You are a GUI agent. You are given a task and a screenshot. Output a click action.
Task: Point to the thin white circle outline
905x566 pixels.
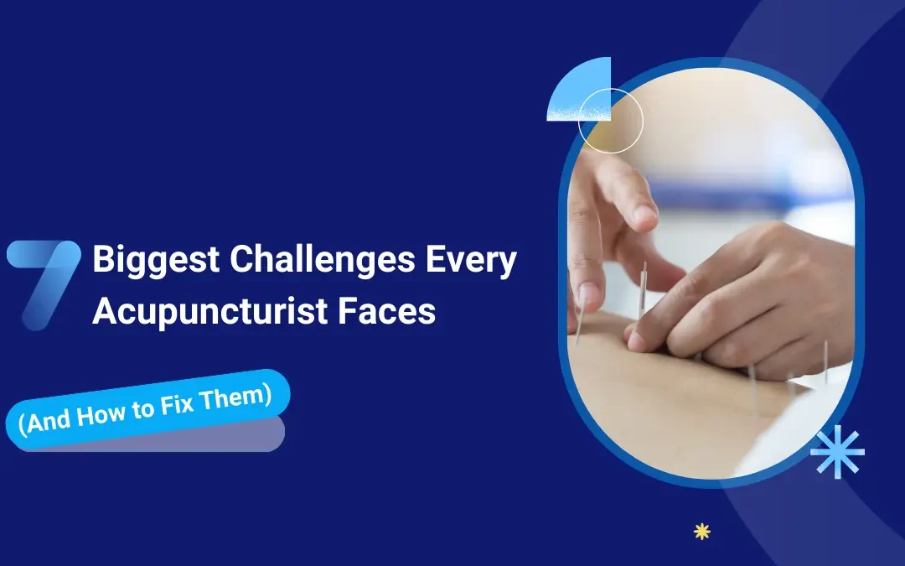point(610,121)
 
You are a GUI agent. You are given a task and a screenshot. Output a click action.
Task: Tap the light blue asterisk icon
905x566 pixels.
point(836,452)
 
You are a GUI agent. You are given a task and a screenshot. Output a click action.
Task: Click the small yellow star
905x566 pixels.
point(702,531)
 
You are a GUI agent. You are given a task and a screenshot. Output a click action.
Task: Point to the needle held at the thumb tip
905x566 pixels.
point(580,323)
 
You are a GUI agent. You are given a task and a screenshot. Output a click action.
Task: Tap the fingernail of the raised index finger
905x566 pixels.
point(645,215)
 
